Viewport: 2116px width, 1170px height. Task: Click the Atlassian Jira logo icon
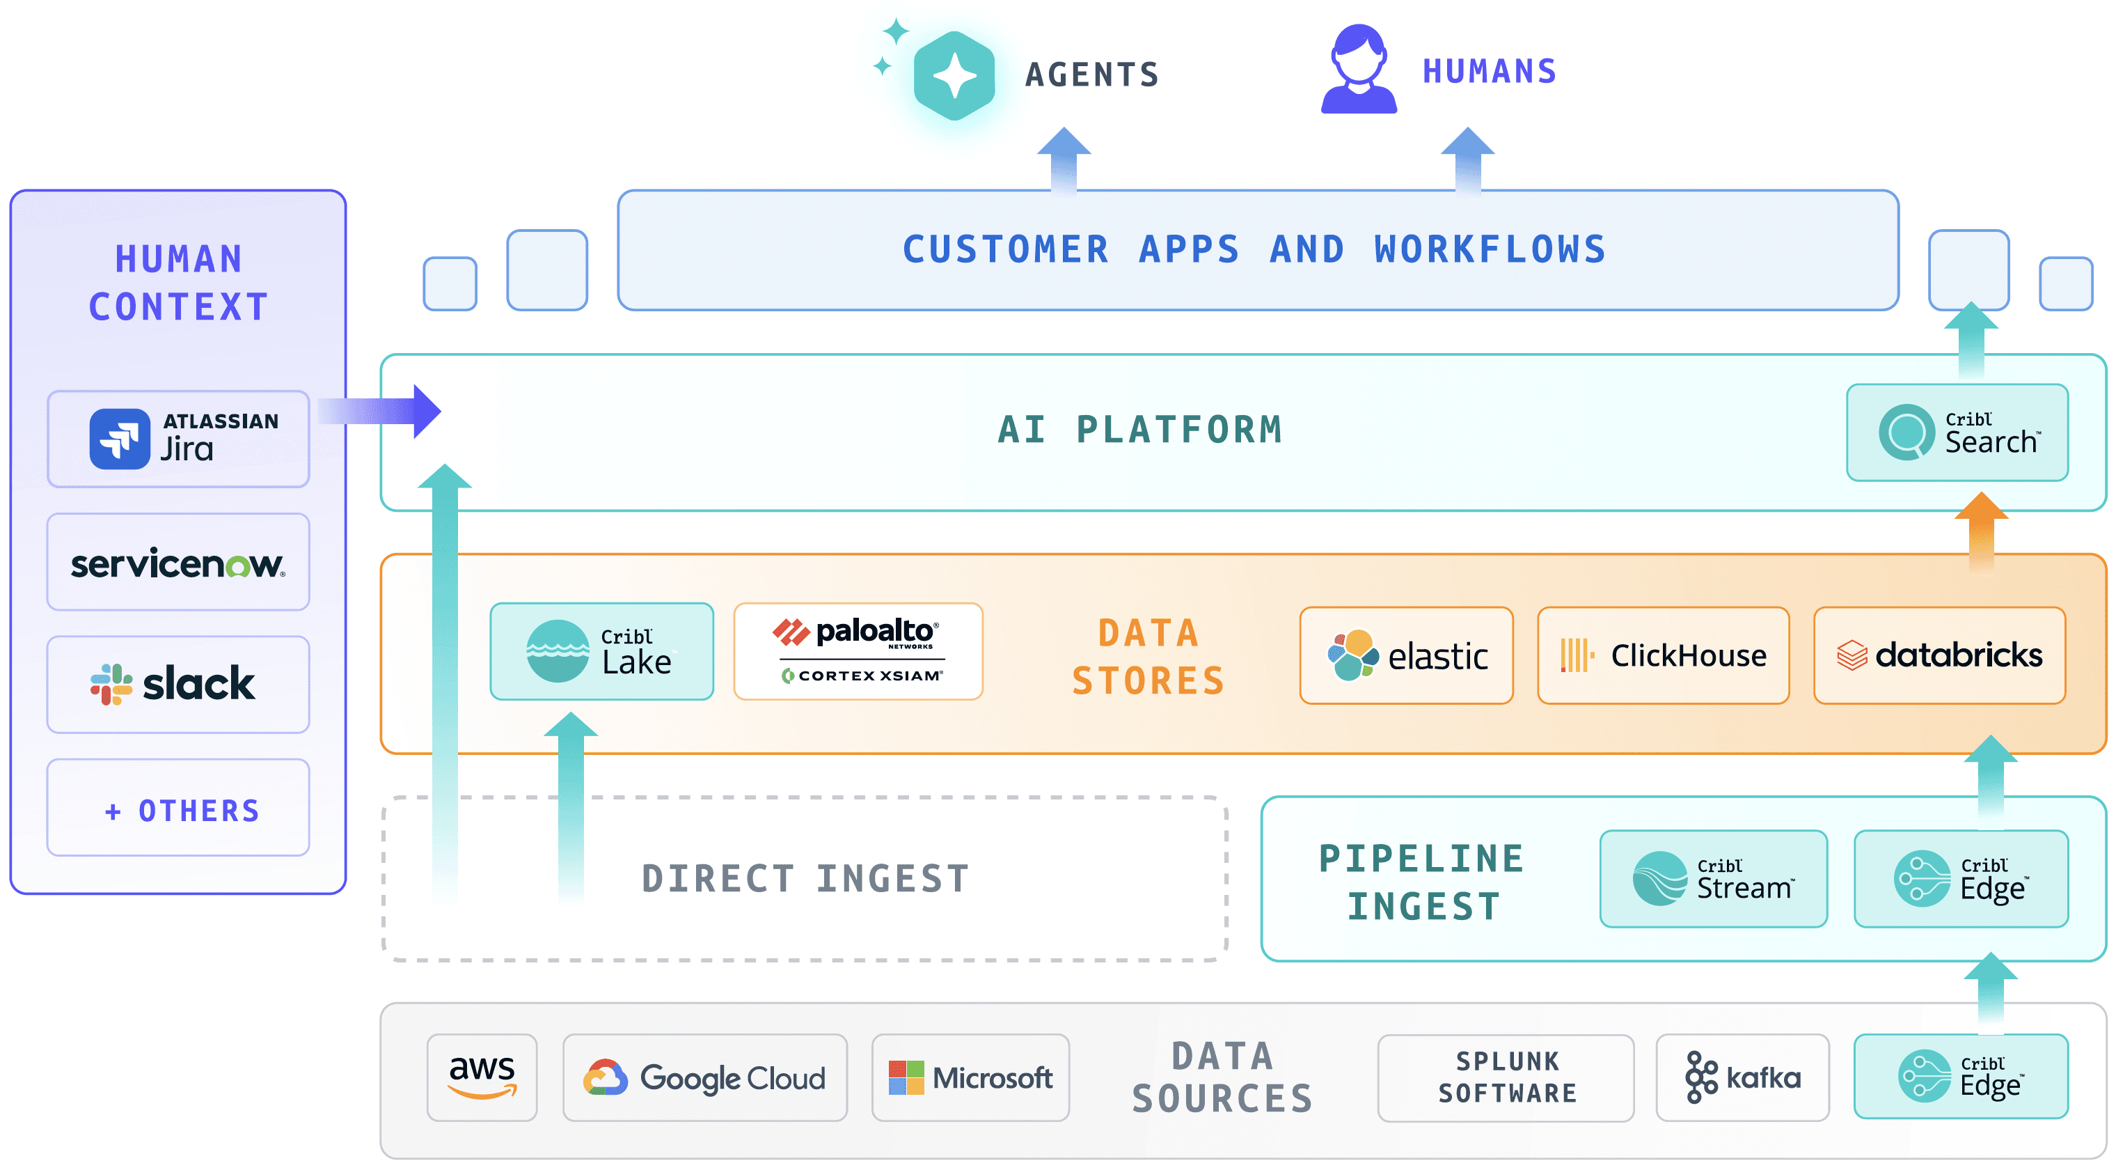120,439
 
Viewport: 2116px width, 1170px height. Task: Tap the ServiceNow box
178,562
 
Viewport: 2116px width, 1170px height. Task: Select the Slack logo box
178,685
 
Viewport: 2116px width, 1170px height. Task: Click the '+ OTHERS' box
178,808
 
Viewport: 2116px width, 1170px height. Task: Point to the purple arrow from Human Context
379,411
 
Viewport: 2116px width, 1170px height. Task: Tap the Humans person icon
1359,69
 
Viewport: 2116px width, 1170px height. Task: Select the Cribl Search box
1957,432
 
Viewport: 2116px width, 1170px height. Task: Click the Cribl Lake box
602,652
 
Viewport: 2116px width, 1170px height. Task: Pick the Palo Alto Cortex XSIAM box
858,652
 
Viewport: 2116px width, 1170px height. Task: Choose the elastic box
1406,655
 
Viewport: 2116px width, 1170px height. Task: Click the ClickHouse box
1664,655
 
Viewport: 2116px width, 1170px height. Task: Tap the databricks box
1939,655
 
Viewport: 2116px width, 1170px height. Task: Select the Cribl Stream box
1714,879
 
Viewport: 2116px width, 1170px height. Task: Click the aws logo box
482,1078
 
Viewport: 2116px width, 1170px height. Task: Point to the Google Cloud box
705,1078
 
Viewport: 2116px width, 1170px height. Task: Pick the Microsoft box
971,1078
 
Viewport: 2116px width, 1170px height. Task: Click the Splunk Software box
1506,1078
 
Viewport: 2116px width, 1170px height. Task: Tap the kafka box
1743,1078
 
